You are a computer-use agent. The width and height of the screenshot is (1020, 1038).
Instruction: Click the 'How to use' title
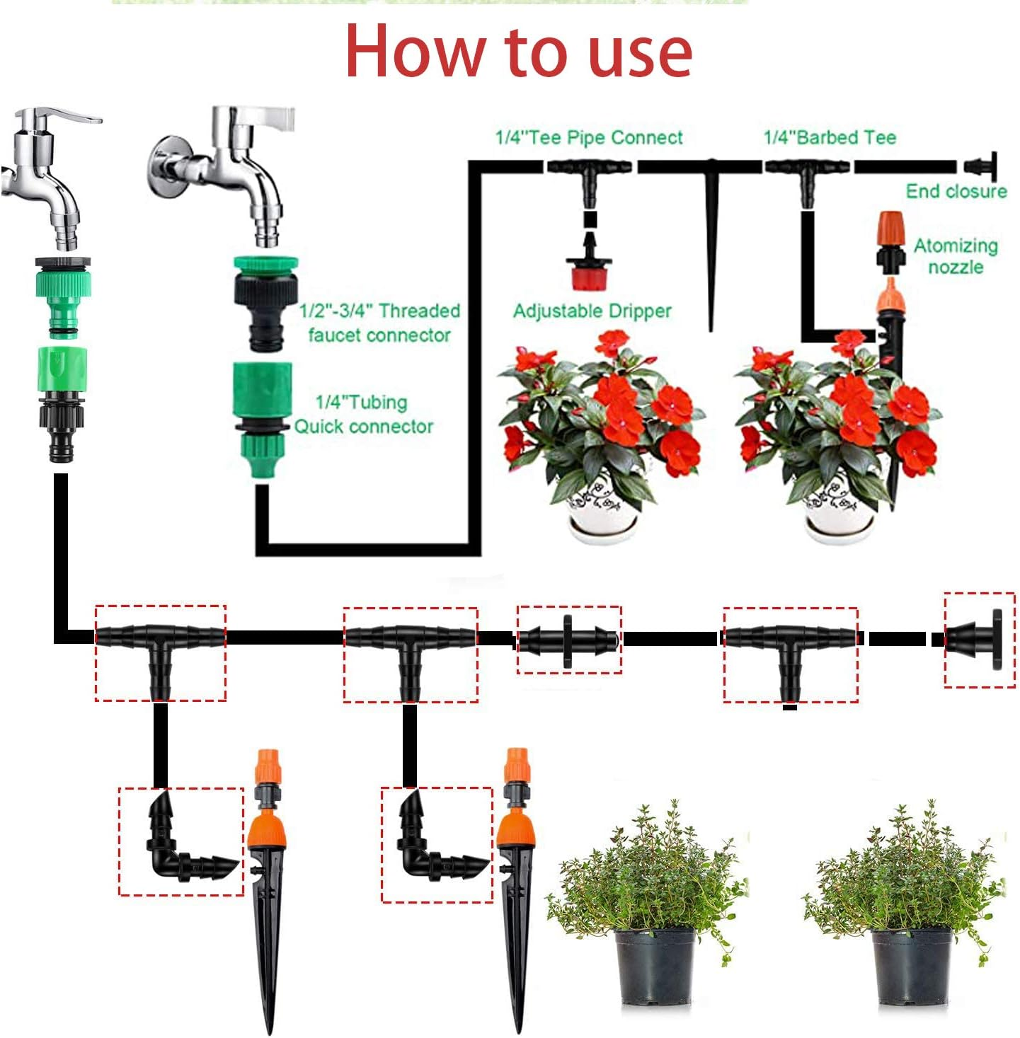tap(518, 51)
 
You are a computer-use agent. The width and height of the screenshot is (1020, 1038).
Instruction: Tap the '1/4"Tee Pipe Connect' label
tap(589, 137)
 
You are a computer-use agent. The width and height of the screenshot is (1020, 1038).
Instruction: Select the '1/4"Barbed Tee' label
tap(830, 137)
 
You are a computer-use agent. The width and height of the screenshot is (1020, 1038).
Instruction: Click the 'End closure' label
tap(956, 191)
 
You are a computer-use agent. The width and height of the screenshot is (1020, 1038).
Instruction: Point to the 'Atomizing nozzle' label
tap(956, 256)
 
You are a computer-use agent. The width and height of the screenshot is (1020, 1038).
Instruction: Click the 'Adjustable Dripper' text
tap(592, 311)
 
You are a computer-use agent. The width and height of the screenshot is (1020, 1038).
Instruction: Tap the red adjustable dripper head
tap(589, 274)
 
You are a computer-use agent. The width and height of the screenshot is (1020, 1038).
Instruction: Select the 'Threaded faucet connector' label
tap(379, 323)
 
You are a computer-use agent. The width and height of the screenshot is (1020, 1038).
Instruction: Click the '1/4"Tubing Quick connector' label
tap(363, 414)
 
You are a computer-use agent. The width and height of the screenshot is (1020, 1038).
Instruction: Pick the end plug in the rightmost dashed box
tap(980, 639)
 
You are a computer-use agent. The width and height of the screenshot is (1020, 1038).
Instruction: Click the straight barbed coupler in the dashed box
tap(568, 640)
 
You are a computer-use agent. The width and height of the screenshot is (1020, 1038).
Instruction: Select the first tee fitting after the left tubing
tap(160, 644)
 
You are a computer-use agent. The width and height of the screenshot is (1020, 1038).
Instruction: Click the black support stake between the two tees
tap(711, 248)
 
